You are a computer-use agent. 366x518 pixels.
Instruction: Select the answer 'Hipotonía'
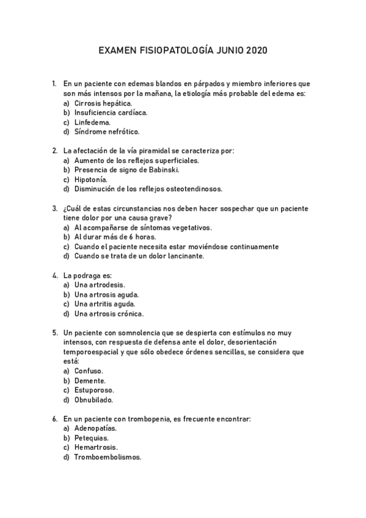pyautogui.click(x=91, y=180)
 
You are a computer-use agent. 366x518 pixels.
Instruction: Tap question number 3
pyautogui.click(x=55, y=208)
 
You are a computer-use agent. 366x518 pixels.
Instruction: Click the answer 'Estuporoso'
pyautogui.click(x=94, y=390)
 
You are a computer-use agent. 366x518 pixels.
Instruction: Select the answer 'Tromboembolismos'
pyautogui.click(x=108, y=456)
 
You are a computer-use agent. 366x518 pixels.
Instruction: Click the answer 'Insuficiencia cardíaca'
pyautogui.click(x=111, y=112)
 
